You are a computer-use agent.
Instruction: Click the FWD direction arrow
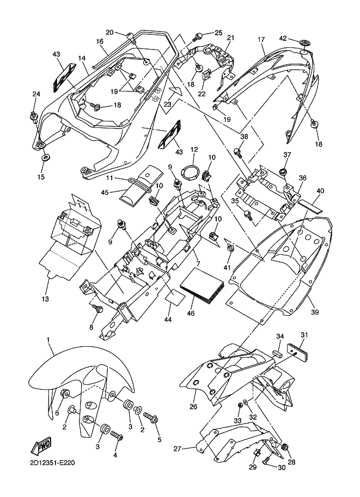(41, 447)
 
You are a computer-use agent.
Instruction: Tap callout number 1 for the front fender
(48, 340)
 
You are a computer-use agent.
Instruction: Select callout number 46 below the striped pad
(191, 313)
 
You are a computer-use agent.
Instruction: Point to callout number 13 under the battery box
(45, 298)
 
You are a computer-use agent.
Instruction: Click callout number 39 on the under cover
(315, 312)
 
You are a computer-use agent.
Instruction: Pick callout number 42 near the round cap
(283, 38)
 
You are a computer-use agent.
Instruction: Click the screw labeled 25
(198, 37)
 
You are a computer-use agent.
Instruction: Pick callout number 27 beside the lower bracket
(178, 449)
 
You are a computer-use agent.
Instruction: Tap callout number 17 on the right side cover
(261, 40)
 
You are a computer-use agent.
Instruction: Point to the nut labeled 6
(65, 394)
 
